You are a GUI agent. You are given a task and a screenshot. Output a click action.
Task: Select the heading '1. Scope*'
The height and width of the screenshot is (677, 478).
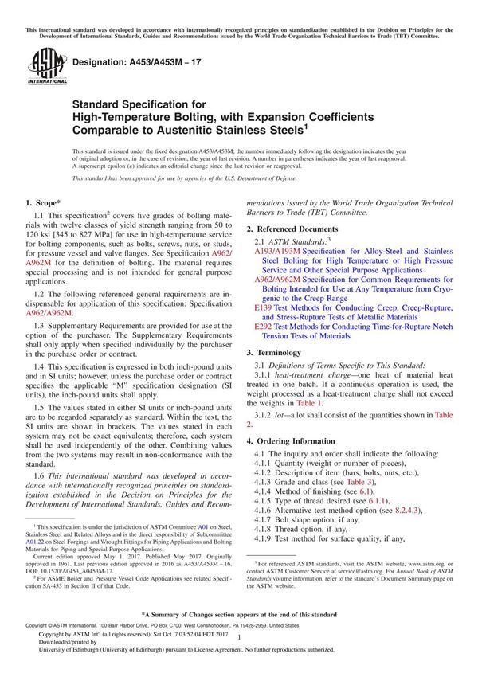[x=46, y=204]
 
